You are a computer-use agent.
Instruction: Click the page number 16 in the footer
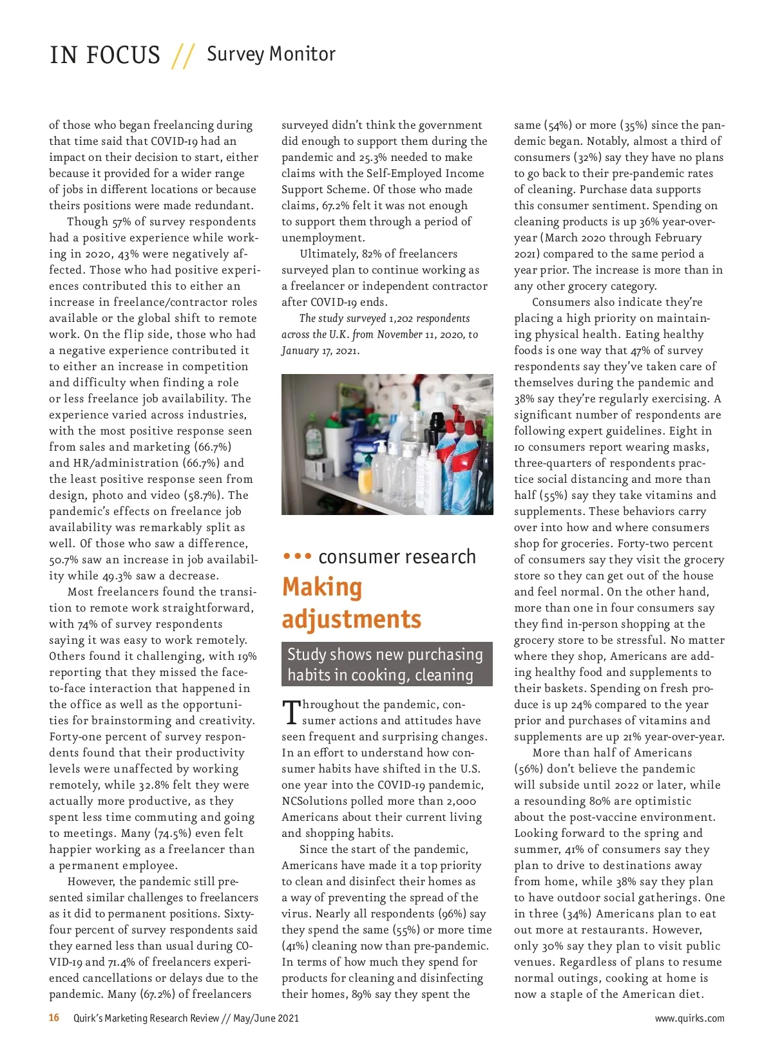click(54, 1018)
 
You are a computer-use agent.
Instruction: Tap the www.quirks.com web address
click(689, 1018)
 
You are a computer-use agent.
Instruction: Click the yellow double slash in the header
click(183, 56)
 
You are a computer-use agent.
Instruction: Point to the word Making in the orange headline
click(322, 587)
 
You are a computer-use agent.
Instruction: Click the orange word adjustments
click(351, 619)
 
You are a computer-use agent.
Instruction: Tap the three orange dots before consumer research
click(297, 556)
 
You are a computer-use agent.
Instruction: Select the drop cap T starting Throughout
click(291, 712)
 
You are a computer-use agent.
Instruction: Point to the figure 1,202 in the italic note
click(402, 319)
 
